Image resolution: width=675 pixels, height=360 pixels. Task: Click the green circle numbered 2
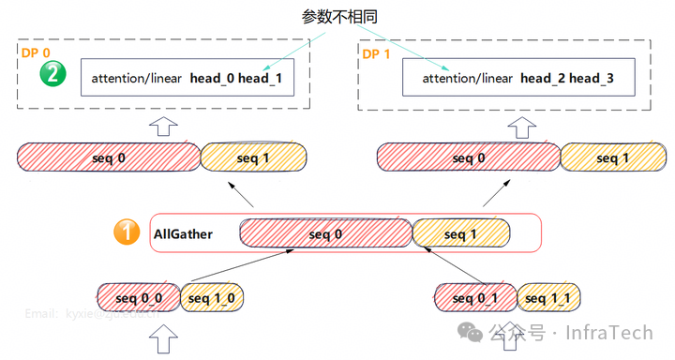coord(52,74)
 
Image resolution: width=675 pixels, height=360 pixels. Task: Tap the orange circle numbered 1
coord(127,232)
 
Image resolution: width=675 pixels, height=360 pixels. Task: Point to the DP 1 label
coord(377,52)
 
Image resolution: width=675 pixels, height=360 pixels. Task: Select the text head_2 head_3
coord(567,79)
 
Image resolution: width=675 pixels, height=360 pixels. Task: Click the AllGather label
coord(184,233)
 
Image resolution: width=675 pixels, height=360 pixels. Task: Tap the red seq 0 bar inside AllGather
coord(325,233)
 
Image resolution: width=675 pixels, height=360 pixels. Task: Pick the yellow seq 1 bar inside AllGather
coord(461,233)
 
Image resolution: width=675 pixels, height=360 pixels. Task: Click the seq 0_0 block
coord(139,298)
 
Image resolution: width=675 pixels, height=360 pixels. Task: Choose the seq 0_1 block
coord(474,298)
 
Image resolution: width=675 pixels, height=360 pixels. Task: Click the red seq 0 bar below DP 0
coord(109,157)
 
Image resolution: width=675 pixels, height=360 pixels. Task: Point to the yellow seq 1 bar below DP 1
coord(613,157)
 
